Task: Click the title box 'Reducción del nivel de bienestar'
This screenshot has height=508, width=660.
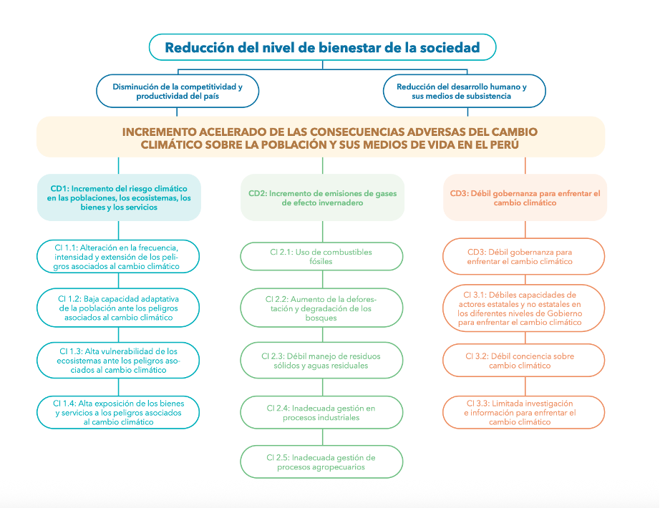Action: coord(322,48)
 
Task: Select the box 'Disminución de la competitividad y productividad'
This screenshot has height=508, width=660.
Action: coord(177,91)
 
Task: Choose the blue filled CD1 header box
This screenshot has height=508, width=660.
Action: coord(119,197)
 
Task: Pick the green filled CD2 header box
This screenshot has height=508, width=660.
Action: coord(322,197)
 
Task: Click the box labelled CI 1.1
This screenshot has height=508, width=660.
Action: coord(118,256)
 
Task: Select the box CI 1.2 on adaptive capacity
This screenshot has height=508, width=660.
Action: coord(118,307)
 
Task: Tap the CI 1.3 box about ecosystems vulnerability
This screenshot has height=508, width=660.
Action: coord(118,360)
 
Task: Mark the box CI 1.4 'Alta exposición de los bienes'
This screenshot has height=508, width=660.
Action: coord(118,412)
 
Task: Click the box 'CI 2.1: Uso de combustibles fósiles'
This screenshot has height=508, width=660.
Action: coord(321,256)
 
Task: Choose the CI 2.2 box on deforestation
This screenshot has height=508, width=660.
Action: coord(321,308)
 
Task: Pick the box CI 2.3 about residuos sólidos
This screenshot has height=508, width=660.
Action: coord(321,361)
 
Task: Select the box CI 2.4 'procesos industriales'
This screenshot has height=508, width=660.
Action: coord(321,412)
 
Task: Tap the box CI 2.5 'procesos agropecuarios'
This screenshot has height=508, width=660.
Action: coord(321,462)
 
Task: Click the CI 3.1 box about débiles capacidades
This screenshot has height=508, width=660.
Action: coord(524,308)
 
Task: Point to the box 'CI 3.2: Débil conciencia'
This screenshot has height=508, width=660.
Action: coord(524,361)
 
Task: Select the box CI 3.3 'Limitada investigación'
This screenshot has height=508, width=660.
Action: coord(524,413)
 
